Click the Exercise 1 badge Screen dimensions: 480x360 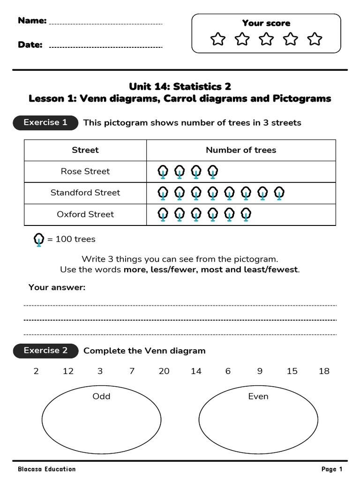(45, 123)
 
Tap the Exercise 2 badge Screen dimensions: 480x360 (45, 351)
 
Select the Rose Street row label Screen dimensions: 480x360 (85, 172)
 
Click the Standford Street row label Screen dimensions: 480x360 (85, 193)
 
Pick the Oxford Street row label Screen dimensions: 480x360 (85, 214)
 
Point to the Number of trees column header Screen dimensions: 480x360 (241, 150)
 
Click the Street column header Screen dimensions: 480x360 (85, 150)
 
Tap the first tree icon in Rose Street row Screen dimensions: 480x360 (163, 172)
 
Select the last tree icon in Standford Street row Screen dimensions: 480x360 (279, 193)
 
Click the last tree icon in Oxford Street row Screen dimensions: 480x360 (246, 214)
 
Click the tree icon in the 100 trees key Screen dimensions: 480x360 (39, 240)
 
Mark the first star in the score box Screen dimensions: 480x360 (217, 39)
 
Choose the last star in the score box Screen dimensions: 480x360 (315, 39)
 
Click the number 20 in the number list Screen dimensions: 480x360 (164, 371)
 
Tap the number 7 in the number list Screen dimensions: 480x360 (132, 371)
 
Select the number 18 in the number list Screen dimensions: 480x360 (324, 371)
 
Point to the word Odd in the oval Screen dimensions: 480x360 (101, 397)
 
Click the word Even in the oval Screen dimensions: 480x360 (258, 397)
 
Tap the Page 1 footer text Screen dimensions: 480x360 (332, 469)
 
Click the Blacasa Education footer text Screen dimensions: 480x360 (46, 469)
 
